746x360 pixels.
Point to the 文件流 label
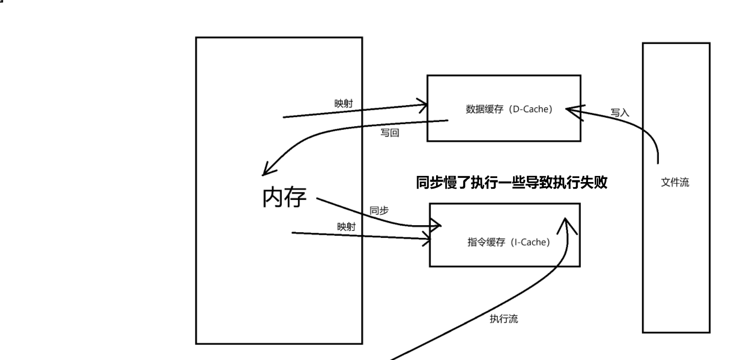pos(675,183)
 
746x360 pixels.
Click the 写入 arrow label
pos(620,112)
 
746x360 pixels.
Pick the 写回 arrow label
pos(389,133)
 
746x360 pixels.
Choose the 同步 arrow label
pos(379,210)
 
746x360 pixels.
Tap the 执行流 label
pos(503,319)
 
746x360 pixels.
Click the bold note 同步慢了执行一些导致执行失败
pos(512,184)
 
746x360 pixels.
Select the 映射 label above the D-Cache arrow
pos(343,104)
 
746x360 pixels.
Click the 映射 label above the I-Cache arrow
pos(346,227)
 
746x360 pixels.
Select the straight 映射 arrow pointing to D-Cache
pos(354,111)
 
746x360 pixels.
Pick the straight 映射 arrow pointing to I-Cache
pos(359,236)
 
